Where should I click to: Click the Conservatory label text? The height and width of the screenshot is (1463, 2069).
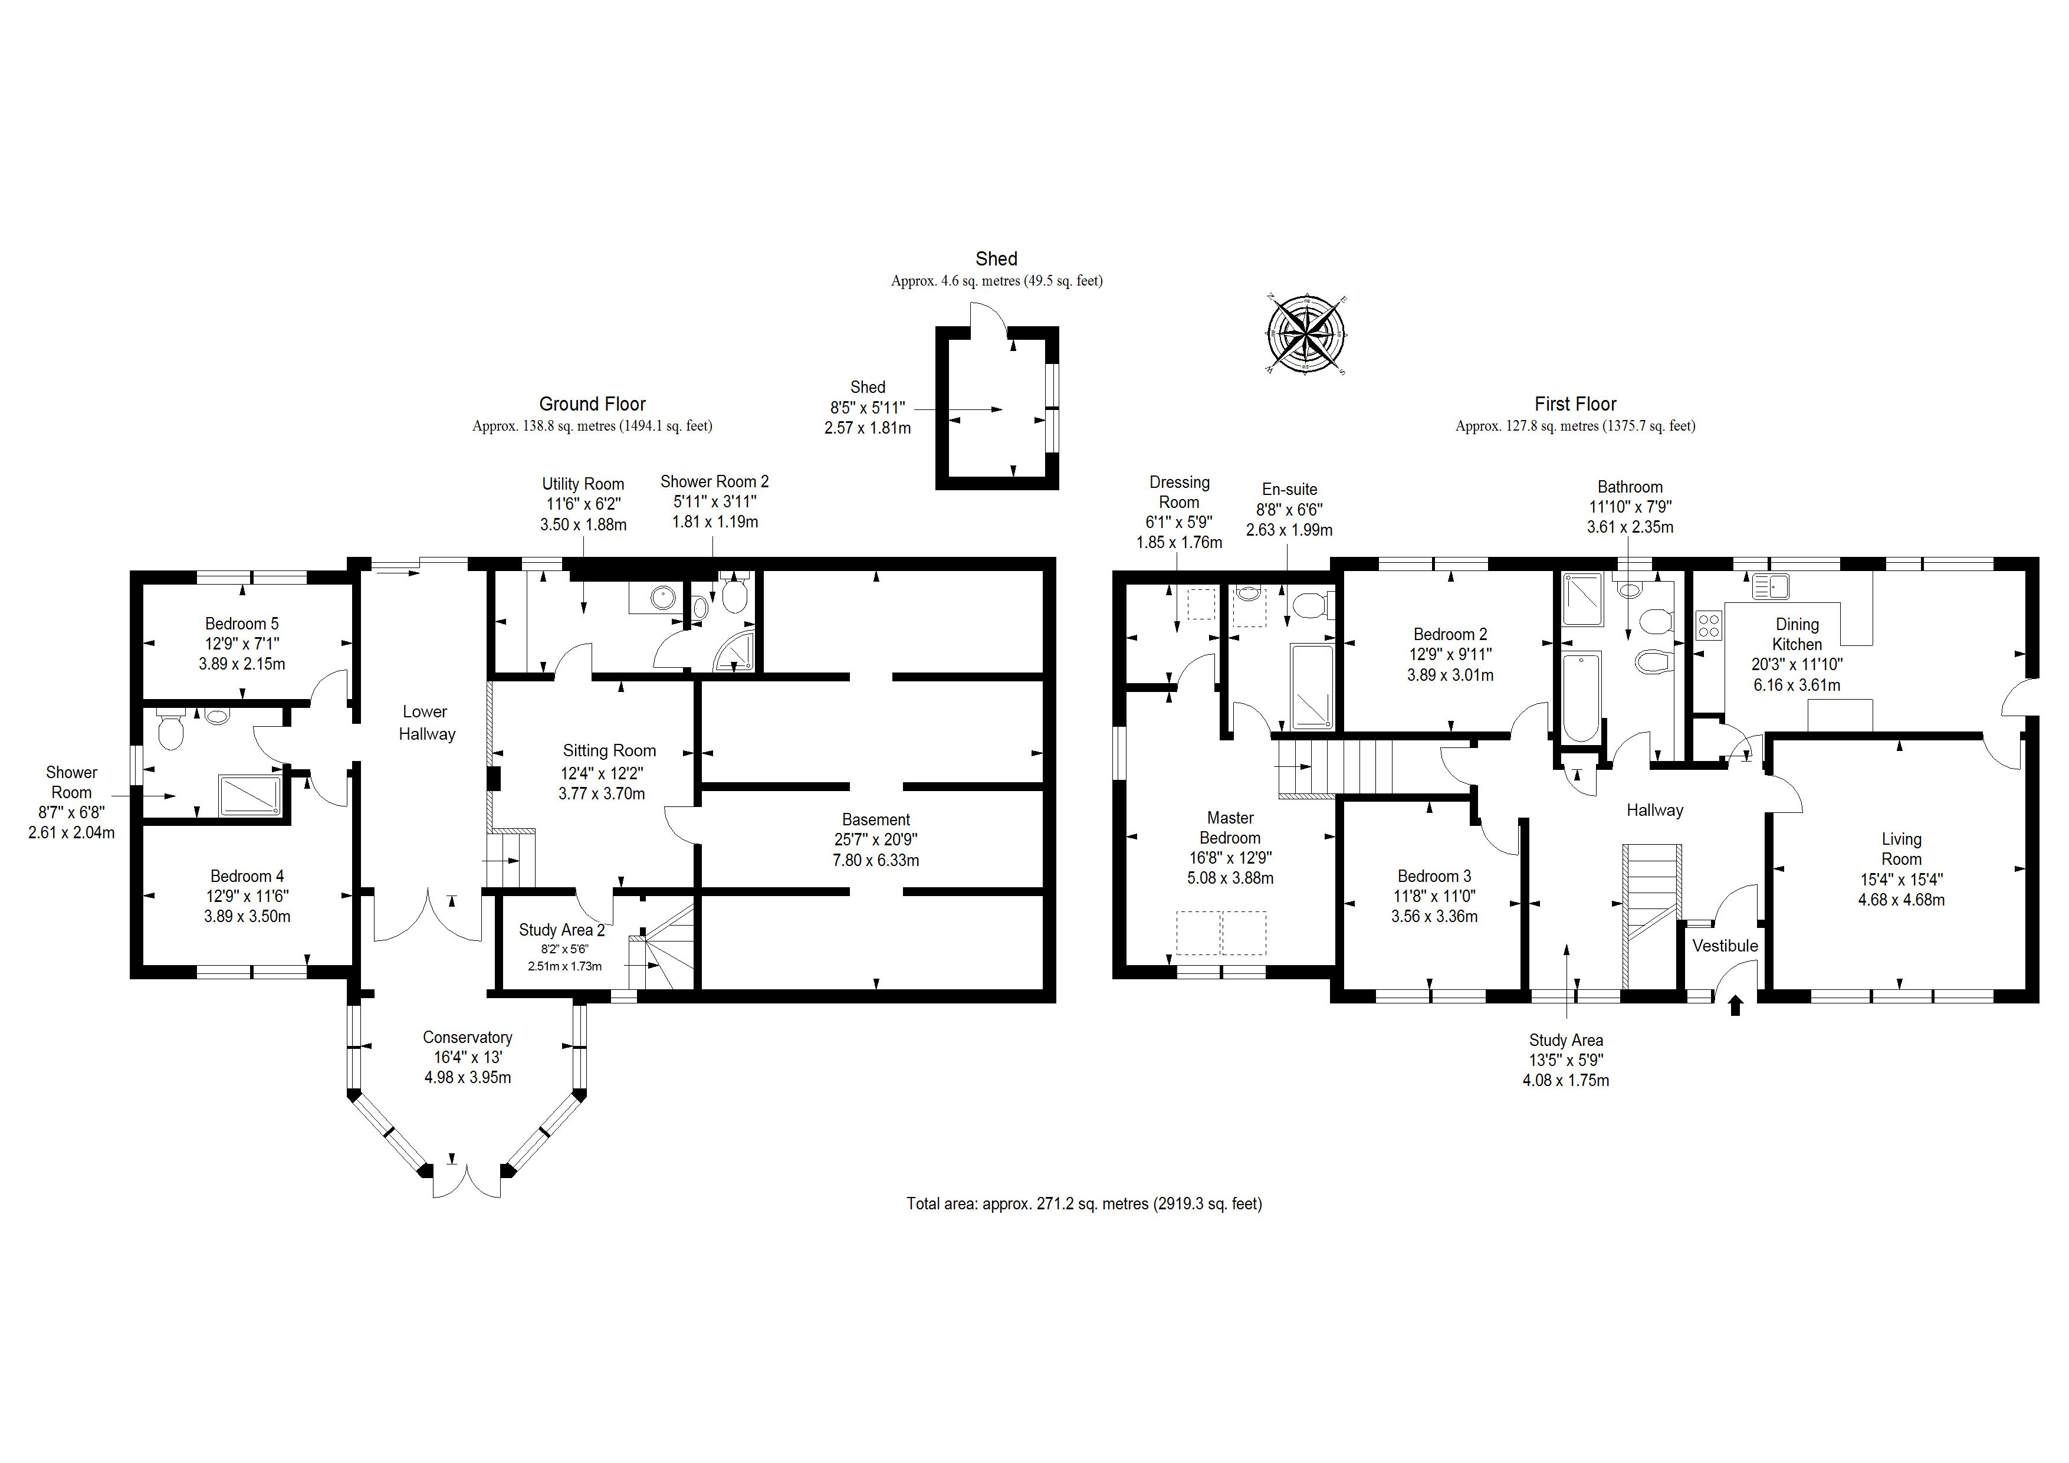468,1038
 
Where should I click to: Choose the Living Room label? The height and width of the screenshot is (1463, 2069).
1901,849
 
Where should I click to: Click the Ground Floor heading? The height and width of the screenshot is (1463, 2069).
592,404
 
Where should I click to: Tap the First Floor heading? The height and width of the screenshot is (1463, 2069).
1575,404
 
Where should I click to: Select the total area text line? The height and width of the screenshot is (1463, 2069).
1084,1203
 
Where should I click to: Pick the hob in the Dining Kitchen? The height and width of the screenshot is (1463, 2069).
1709,625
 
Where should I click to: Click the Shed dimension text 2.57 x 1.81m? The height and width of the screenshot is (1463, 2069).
867,428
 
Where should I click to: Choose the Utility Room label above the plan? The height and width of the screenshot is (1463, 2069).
583,484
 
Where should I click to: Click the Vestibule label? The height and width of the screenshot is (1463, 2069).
1725,946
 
